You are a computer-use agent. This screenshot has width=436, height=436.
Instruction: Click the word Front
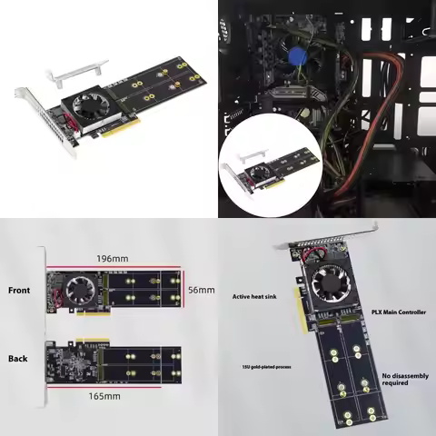coord(18,292)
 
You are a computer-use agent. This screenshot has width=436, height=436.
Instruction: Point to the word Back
coord(18,358)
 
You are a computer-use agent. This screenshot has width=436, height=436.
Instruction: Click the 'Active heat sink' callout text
coord(255,296)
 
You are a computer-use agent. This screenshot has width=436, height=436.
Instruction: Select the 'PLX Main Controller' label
coord(399,311)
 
